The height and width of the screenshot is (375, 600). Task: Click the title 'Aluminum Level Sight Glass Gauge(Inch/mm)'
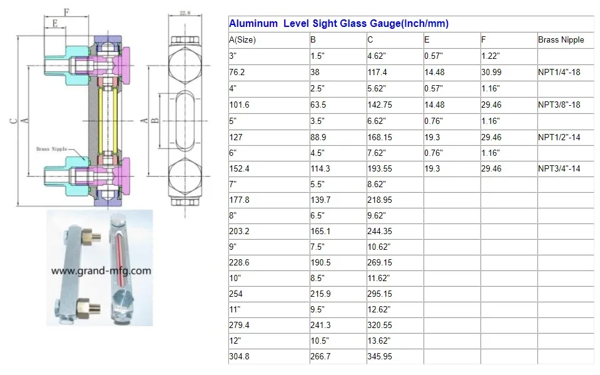point(338,24)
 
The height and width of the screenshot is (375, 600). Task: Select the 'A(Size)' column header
point(243,40)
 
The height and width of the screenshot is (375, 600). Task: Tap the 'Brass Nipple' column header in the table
point(561,40)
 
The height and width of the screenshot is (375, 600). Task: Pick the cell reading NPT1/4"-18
point(559,73)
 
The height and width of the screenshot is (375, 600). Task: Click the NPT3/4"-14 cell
point(559,169)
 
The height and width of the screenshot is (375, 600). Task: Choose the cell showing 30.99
point(491,73)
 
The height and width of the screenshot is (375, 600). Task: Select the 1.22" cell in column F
point(490,56)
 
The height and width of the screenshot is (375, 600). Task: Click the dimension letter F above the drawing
point(67,11)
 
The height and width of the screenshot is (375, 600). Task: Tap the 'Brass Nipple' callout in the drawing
point(51,149)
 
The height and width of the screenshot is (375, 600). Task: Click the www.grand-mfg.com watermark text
point(101,271)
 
